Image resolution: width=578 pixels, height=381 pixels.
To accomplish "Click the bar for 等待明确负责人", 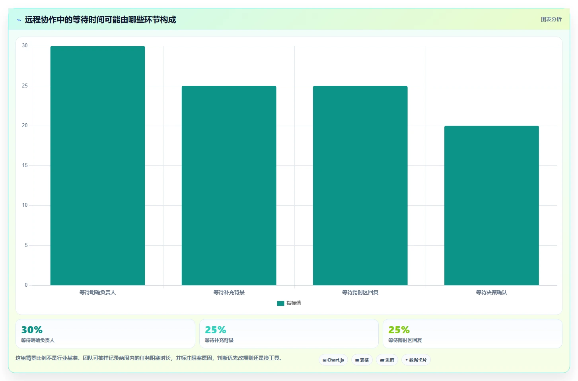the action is (97, 165).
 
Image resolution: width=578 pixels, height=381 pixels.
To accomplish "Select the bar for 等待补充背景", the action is (229, 185).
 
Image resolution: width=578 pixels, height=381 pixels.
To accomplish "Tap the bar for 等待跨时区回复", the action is (360, 185).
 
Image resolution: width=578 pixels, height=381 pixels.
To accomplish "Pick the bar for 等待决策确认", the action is (492, 205).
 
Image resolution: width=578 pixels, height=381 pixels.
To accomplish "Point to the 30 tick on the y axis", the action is (25, 46).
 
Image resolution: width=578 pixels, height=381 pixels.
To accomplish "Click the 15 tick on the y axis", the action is (25, 165).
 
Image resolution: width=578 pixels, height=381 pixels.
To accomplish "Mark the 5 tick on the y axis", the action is (26, 245).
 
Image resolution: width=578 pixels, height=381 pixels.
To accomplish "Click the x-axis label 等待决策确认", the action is (492, 292).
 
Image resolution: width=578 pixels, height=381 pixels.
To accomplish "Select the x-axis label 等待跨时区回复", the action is (360, 292).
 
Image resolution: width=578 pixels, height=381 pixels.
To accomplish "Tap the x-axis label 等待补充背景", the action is (229, 292).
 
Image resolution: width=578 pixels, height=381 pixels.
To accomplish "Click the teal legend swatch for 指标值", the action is (280, 303).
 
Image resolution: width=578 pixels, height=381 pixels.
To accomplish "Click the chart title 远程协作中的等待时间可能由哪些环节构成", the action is (100, 19).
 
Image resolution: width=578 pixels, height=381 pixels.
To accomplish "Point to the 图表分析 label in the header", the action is (551, 19).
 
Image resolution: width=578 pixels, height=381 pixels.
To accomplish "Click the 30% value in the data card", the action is (32, 330).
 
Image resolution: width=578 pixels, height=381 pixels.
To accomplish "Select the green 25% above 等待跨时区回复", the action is (399, 330).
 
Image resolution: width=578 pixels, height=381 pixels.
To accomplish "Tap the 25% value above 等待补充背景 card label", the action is (216, 330).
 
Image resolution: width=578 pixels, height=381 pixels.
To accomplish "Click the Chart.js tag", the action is (333, 360).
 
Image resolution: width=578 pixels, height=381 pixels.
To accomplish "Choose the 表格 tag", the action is (362, 360).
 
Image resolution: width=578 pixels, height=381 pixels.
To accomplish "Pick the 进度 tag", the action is (387, 360).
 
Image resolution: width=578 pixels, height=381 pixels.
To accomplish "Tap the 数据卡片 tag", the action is (416, 360).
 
